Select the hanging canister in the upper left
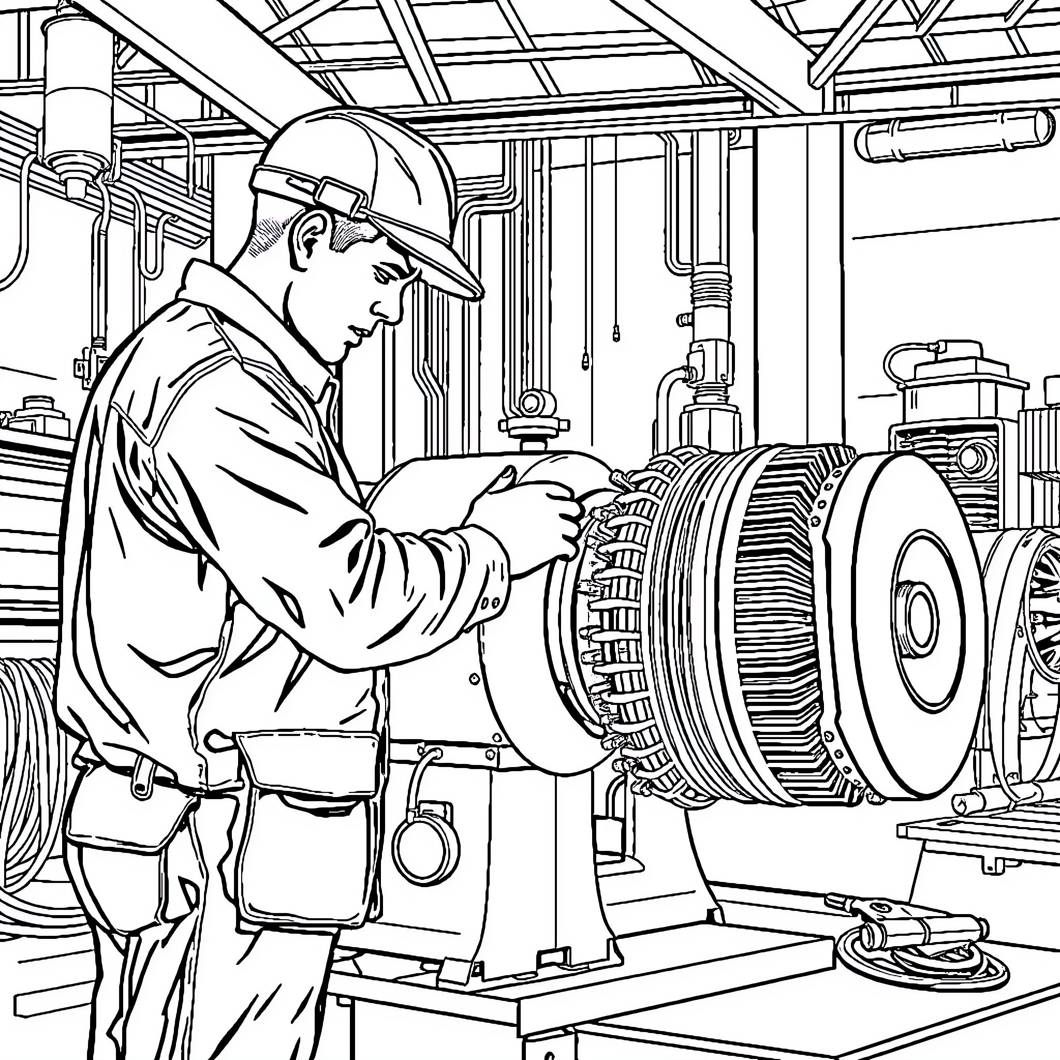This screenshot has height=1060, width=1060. (77, 99)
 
